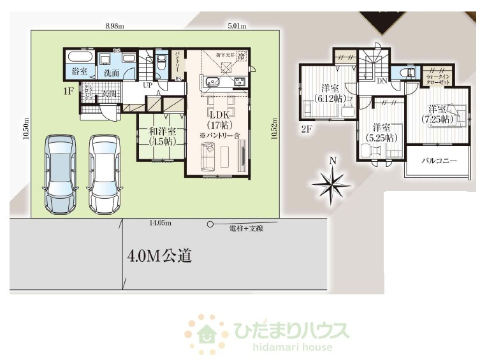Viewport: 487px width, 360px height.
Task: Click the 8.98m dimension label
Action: [115, 26]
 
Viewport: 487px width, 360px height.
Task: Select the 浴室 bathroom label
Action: [80, 72]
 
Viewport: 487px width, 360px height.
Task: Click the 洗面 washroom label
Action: [112, 73]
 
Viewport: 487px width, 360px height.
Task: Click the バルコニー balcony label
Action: [439, 161]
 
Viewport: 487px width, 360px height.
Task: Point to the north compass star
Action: [331, 184]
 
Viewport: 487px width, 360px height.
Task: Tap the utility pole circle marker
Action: [210, 224]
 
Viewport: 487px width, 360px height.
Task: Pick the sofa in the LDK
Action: [208, 156]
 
